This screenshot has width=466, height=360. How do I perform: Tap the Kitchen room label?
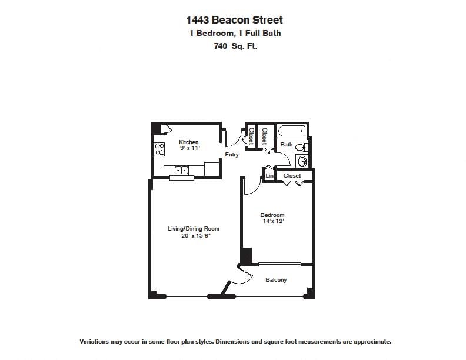pos(189,142)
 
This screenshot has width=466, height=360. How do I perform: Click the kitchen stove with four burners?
pos(159,149)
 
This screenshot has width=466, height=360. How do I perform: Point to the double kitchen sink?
pos(181,171)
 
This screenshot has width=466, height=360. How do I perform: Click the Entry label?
pos(232,155)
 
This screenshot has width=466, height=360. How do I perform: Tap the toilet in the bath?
pos(303,146)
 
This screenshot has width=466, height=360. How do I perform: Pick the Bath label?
pos(287,145)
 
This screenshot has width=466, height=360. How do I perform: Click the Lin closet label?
pos(269,176)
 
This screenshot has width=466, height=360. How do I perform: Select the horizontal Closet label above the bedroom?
pos(292,176)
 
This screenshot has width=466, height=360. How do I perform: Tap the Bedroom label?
pos(272,215)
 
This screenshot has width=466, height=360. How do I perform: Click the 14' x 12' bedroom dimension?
pos(272,222)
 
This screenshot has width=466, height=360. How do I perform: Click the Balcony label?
pos(276,280)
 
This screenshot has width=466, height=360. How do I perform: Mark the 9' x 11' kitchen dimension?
pos(189,149)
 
